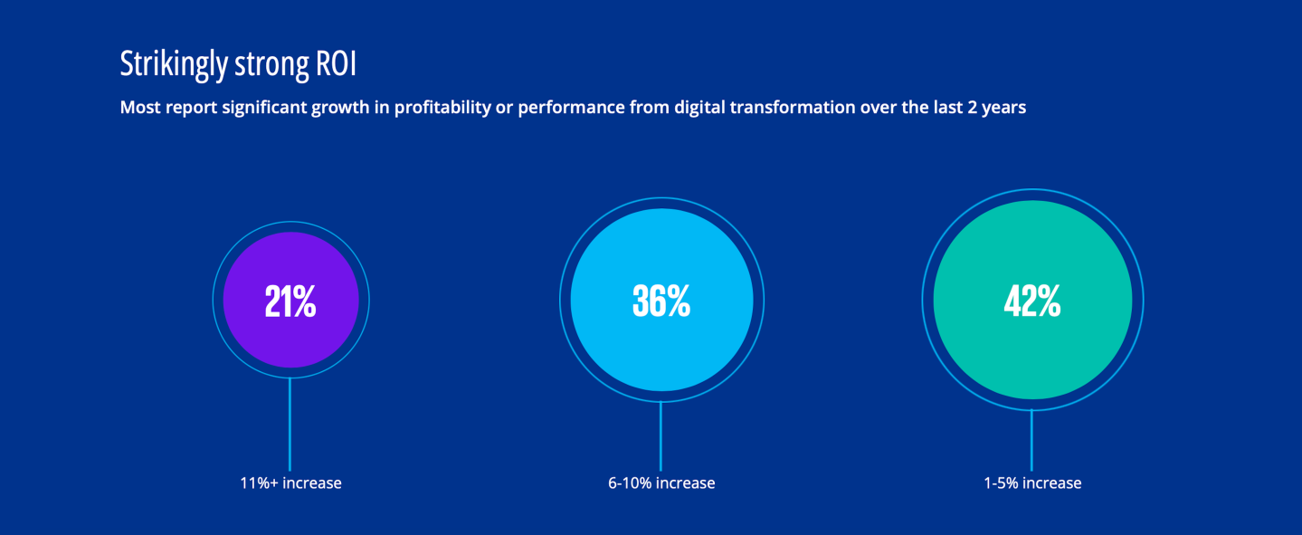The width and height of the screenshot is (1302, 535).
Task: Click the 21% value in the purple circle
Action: click(x=290, y=301)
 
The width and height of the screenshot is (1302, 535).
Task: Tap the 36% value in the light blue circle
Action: click(x=661, y=301)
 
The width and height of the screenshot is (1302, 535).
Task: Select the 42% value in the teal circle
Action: click(x=1032, y=301)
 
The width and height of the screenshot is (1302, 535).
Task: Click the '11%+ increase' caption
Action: click(x=290, y=483)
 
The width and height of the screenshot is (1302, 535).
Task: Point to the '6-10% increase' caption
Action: click(x=661, y=483)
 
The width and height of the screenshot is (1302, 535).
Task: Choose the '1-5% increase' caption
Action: click(x=1032, y=483)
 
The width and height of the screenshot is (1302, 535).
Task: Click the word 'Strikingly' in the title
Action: click(x=174, y=64)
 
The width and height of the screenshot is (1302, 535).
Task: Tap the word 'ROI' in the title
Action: click(x=336, y=63)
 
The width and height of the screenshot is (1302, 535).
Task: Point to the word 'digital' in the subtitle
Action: click(x=699, y=108)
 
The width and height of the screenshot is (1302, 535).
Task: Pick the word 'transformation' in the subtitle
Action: click(x=793, y=107)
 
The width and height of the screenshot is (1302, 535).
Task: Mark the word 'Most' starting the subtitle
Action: click(x=140, y=107)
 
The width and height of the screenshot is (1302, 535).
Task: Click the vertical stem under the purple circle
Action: click(x=290, y=425)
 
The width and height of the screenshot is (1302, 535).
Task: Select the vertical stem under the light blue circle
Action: click(x=661, y=436)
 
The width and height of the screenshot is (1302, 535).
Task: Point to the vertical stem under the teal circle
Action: click(x=1031, y=440)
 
